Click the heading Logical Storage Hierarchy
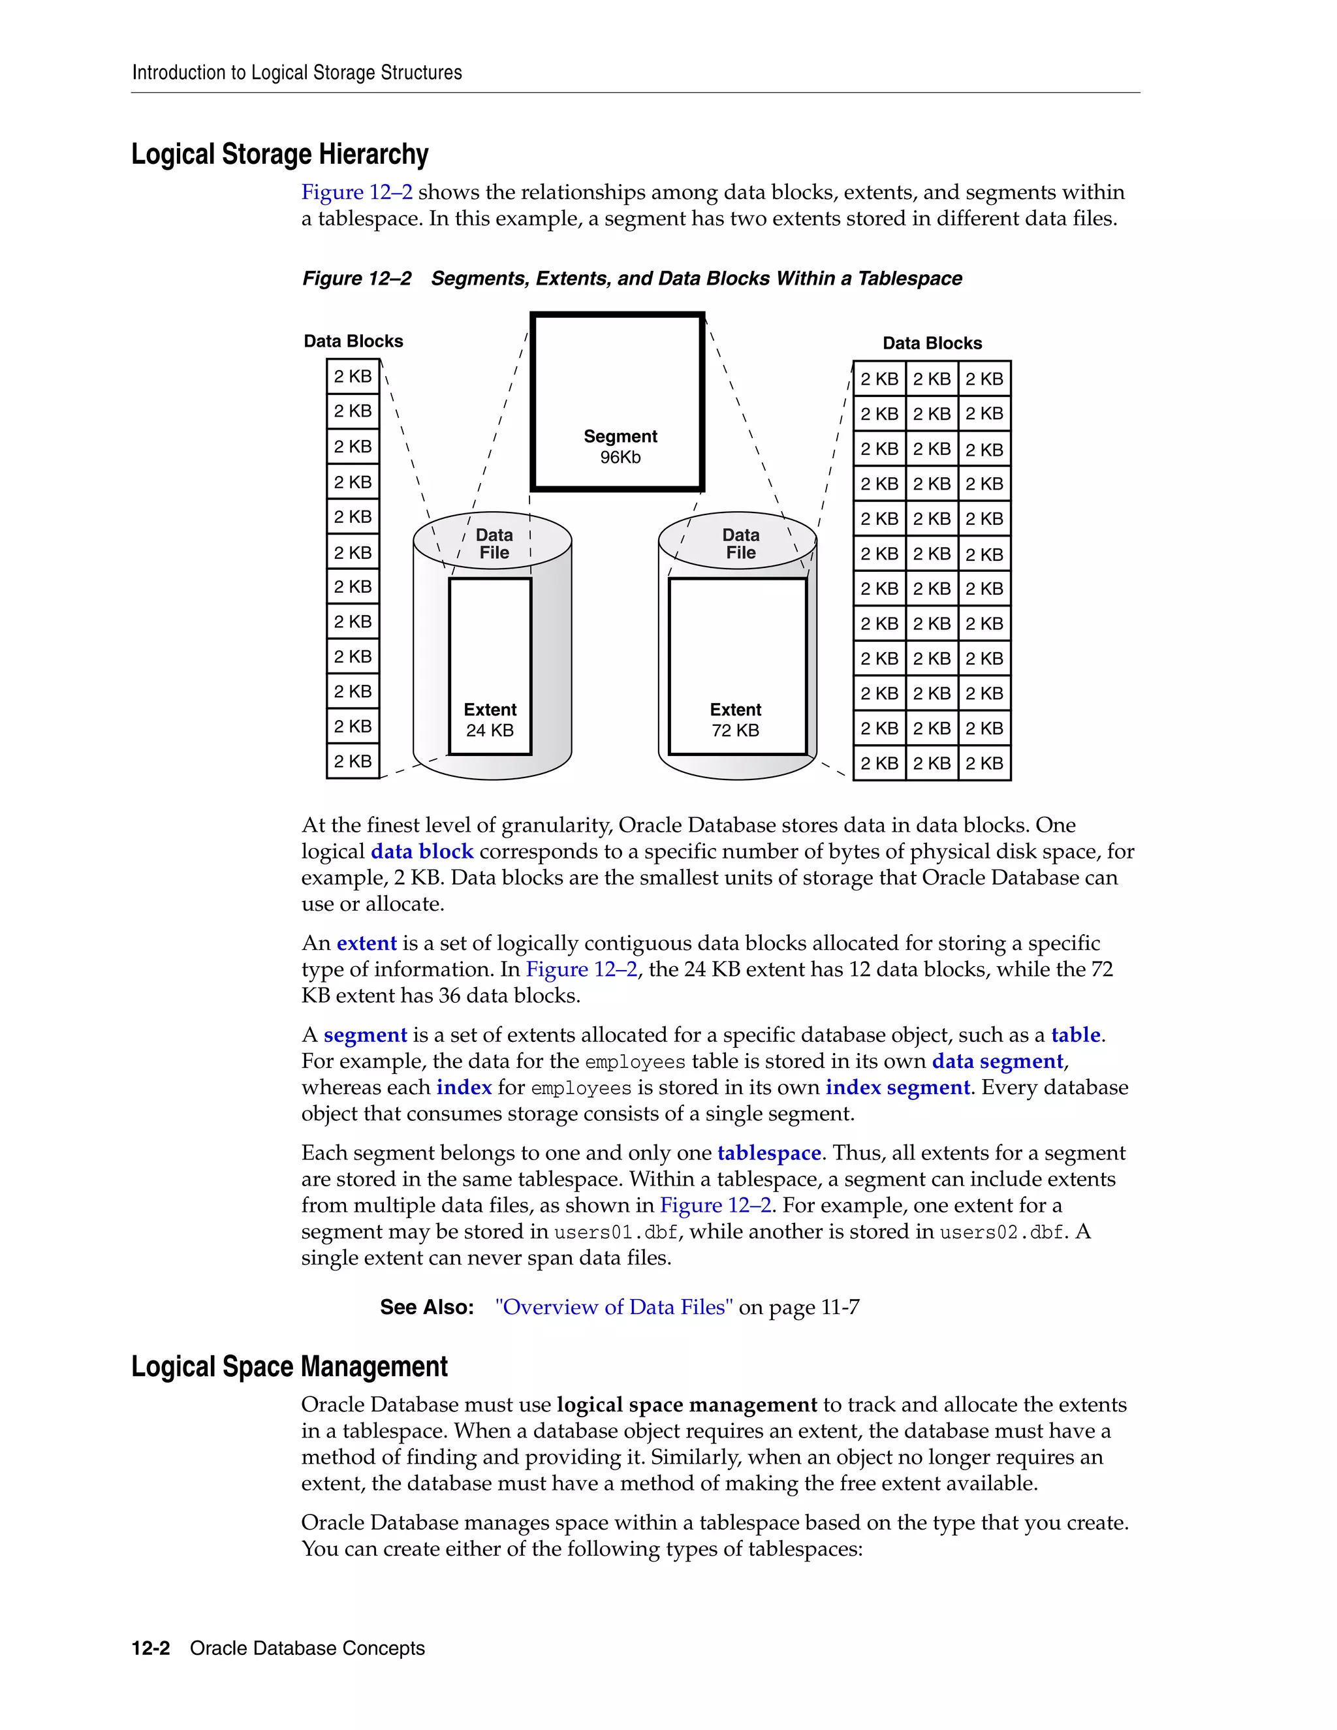[279, 155]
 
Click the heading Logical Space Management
[289, 1366]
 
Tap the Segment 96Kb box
[618, 402]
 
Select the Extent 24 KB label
[490, 719]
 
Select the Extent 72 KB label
[735, 719]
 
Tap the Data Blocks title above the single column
[353, 341]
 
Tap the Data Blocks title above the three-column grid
[932, 343]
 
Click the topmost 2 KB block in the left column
[353, 376]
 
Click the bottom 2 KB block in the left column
[353, 761]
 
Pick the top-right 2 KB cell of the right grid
[984, 379]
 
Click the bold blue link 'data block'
[422, 851]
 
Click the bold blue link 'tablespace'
[769, 1154]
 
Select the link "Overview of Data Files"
[614, 1307]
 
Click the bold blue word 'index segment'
[898, 1088]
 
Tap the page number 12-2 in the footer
[151, 1648]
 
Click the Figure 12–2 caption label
[356, 279]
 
